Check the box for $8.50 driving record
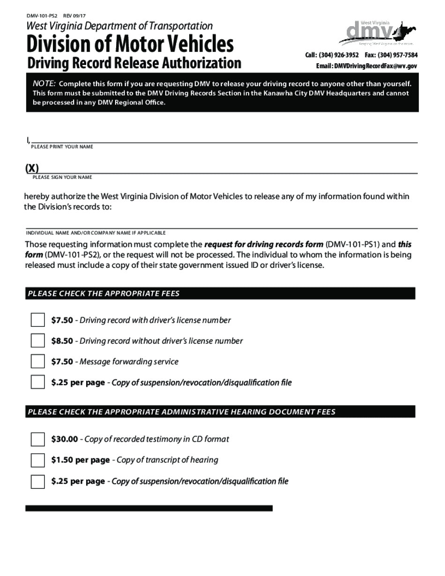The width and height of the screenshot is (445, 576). click(x=37, y=340)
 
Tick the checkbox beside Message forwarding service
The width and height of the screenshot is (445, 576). click(x=37, y=362)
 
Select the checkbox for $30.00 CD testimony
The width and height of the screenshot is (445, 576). click(x=37, y=439)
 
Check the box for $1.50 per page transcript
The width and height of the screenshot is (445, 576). click(x=37, y=460)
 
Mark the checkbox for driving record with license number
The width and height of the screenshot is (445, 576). click(x=37, y=320)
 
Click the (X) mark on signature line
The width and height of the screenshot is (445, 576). click(x=32, y=168)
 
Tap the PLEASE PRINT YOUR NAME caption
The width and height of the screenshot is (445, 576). click(x=62, y=147)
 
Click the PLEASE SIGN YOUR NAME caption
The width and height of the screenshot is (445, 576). click(x=62, y=177)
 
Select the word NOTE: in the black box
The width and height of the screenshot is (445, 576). click(x=44, y=84)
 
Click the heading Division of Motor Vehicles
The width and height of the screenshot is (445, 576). click(x=130, y=44)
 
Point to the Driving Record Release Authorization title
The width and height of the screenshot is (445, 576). click(x=134, y=63)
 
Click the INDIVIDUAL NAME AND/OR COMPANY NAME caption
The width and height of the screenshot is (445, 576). click(x=96, y=233)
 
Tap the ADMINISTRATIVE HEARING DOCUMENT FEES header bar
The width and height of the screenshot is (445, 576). click(x=220, y=412)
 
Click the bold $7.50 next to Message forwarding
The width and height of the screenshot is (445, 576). click(x=62, y=362)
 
